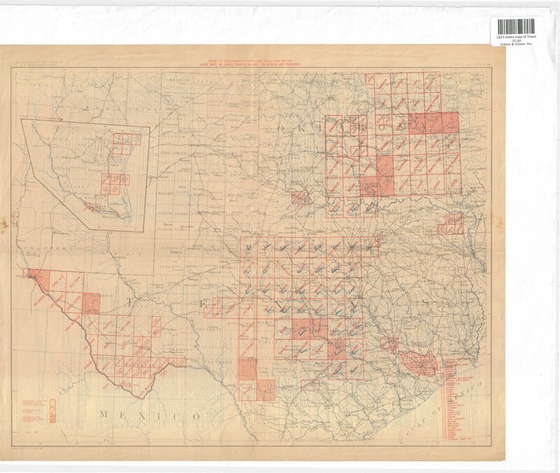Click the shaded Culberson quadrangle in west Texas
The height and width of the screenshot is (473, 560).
click(x=93, y=302)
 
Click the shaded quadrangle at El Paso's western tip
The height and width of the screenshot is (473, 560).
click(x=32, y=275)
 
